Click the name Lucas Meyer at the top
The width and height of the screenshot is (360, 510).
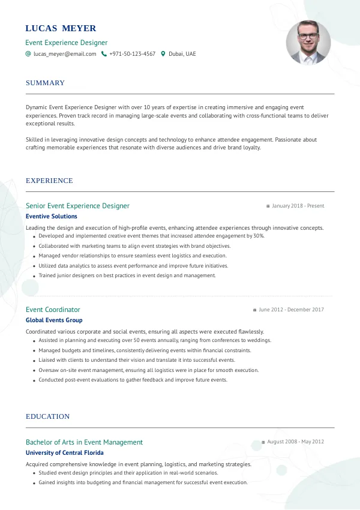[x=61, y=28]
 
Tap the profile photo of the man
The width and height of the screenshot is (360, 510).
[x=308, y=43]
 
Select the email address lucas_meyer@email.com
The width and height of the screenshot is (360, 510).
[x=65, y=54]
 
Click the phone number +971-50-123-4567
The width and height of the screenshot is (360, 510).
[x=132, y=54]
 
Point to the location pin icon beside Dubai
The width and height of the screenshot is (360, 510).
[x=163, y=54]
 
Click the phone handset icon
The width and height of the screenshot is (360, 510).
[x=104, y=54]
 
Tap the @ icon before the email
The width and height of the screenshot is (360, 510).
[x=28, y=54]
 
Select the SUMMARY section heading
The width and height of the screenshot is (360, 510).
[x=45, y=83]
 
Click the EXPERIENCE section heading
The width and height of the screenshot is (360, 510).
[x=49, y=181]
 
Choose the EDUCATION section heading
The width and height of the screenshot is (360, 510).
[x=47, y=416]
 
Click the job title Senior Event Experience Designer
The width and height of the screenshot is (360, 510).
[x=77, y=206]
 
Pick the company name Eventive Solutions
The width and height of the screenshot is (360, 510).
[x=52, y=217]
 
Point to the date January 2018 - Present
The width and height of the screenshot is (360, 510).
[x=298, y=206]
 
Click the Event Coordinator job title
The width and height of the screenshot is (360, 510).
[x=53, y=310]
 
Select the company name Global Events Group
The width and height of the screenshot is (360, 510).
[x=54, y=320]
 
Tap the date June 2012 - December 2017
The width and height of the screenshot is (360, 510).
[x=291, y=310]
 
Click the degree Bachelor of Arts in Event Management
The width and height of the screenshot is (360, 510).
[x=84, y=442]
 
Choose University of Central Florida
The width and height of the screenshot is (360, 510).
[x=64, y=453]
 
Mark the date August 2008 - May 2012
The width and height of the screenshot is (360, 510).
[x=295, y=442]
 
